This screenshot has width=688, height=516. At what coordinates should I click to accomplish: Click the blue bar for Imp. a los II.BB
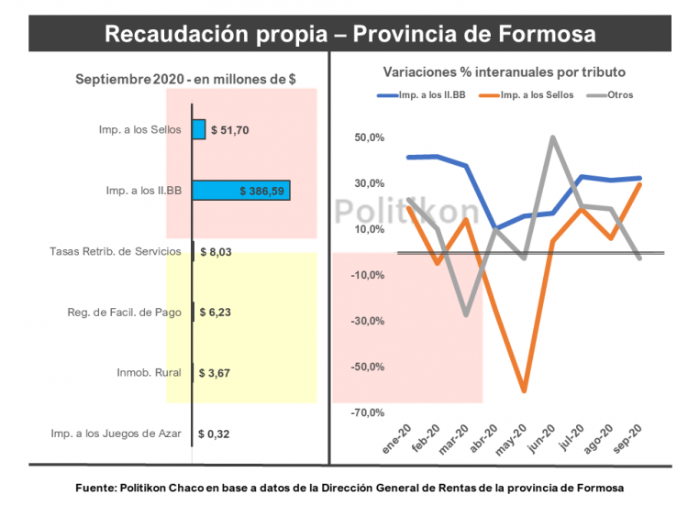pos(240,191)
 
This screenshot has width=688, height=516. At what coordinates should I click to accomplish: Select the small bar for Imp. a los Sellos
pos(198,129)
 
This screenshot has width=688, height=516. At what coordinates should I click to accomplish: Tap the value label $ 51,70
pos(229,130)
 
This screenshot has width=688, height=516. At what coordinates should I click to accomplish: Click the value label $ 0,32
pos(216,434)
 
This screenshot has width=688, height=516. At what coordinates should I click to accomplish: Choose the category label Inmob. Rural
pos(149,373)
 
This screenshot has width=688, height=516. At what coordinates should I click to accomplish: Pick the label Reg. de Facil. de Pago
pos(124,313)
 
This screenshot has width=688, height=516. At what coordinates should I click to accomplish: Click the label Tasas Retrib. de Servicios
pos(115,251)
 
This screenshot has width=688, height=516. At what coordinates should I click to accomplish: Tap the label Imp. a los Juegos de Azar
pos(115,434)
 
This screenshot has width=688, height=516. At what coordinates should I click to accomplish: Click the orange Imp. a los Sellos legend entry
pos(537,94)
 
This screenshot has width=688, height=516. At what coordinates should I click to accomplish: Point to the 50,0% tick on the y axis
pos(370,138)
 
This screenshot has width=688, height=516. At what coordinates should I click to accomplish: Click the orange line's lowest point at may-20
pos(524,391)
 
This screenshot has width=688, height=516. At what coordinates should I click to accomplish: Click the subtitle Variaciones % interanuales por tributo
pos(504,71)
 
